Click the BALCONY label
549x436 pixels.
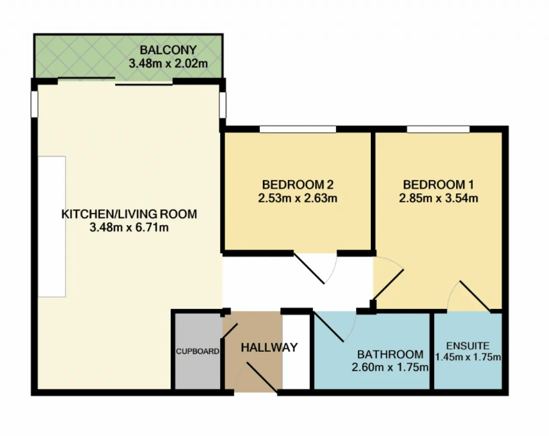point(168,50)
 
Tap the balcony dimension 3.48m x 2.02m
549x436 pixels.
point(168,64)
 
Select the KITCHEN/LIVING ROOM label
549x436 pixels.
point(129,214)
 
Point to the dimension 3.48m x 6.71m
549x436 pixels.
point(129,228)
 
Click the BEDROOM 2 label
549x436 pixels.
point(298,185)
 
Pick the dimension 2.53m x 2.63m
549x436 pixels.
point(298,198)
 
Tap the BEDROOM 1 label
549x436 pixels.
point(438,185)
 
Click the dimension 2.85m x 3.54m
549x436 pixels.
point(438,198)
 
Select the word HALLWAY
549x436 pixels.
point(269,348)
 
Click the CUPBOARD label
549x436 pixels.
point(197,351)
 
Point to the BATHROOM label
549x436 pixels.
point(390,354)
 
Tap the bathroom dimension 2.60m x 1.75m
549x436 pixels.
point(390,367)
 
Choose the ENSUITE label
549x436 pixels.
point(468,346)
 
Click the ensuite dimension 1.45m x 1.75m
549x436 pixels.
point(468,357)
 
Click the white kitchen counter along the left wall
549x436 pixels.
point(52,227)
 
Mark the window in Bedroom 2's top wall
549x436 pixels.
point(298,129)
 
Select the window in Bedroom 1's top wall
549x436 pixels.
point(438,129)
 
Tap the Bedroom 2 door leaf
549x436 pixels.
point(309,268)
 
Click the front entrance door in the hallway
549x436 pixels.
point(262,377)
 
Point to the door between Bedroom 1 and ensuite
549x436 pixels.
point(475,296)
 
